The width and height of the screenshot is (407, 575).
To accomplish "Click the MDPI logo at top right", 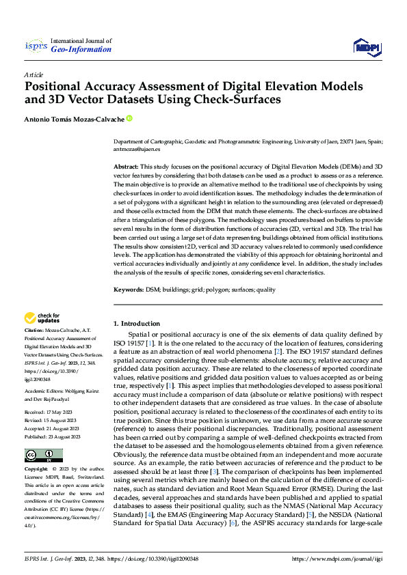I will pos(367,46).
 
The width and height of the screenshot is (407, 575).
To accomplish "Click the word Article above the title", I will pos(34,74).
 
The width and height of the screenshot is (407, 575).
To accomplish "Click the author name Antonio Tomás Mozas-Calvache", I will pos(74,119).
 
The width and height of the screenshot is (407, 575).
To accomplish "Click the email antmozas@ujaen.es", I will pos(137,148).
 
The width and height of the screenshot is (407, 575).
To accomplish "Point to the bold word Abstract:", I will pos(126,167).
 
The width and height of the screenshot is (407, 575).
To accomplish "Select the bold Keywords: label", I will pos(129,290).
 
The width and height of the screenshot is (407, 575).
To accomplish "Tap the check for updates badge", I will pos(42,318).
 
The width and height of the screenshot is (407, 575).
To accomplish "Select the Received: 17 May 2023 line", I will pos(49,413).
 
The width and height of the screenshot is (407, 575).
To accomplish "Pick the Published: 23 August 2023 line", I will pos(52,436).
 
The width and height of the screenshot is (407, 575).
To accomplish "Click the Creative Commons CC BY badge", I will pos(43,455).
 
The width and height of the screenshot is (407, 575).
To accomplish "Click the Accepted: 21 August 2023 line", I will pos(52,429).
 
